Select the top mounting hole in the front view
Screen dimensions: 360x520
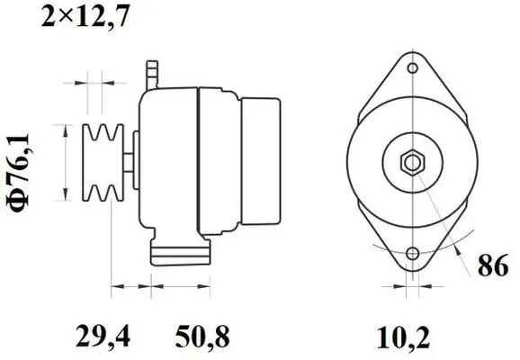(x=412, y=68)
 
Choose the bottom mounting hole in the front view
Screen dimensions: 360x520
(x=412, y=255)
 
